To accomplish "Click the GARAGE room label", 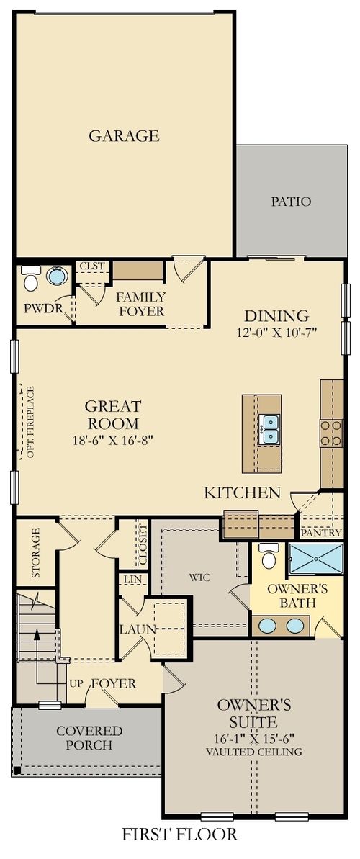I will click(124, 135).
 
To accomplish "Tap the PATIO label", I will click(291, 202).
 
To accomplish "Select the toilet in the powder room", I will click(31, 279).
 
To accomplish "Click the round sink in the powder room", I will click(56, 276).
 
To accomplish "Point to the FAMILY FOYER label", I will click(141, 304).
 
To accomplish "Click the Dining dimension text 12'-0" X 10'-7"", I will click(276, 332).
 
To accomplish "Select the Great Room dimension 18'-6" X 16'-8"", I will click(112, 439).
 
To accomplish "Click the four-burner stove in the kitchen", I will click(331, 433).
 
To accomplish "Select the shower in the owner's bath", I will click(316, 558).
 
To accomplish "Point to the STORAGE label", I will click(35, 552).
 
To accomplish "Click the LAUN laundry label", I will click(138, 629).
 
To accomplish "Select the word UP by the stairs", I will click(76, 683).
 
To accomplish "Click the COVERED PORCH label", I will click(90, 738).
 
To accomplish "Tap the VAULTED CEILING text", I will click(254, 752).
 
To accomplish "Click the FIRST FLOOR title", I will click(179, 835).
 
